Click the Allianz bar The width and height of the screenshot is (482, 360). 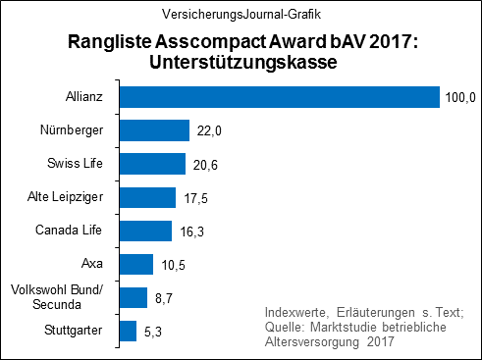tap(278, 97)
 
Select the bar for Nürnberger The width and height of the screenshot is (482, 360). tap(153, 130)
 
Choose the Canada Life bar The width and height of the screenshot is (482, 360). tap(144, 231)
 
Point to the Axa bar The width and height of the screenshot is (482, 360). tap(135, 264)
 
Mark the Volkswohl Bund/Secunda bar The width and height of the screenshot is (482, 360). tap(133, 297)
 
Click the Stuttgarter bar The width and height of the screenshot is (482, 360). tap(127, 331)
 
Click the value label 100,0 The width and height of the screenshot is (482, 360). tap(460, 98)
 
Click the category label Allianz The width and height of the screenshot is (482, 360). tap(84, 97)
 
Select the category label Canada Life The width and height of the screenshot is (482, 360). tap(72, 231)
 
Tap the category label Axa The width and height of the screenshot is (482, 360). tap(94, 264)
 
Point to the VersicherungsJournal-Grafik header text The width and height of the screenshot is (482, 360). tap(241, 15)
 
